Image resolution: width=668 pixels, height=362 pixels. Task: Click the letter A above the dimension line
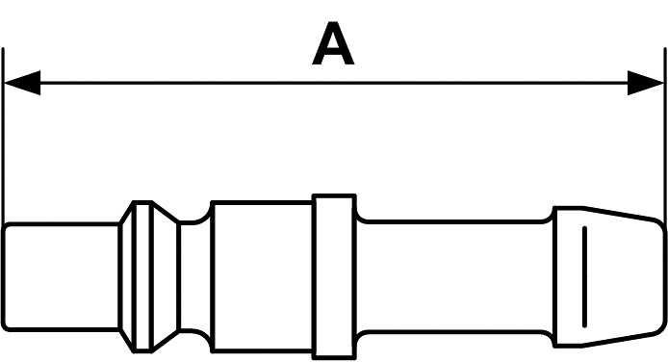pyautogui.click(x=333, y=43)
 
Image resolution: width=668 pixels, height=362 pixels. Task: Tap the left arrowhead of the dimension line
pyautogui.click(x=22, y=83)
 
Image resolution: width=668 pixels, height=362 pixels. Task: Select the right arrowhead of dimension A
pyautogui.click(x=646, y=83)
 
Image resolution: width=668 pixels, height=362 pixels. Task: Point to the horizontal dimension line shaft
pyautogui.click(x=334, y=83)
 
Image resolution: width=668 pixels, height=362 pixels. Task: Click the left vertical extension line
pyautogui.click(x=3, y=137)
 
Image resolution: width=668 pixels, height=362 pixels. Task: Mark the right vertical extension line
pyautogui.click(x=665, y=137)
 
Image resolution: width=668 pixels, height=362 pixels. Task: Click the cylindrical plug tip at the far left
pyautogui.click(x=61, y=276)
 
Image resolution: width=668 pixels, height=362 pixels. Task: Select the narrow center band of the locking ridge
pyautogui.click(x=142, y=277)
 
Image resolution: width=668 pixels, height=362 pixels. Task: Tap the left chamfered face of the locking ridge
pyautogui.click(x=127, y=277)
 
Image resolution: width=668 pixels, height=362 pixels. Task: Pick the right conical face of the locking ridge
pyautogui.click(x=166, y=277)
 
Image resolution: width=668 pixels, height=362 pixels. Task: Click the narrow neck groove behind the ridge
pyautogui.click(x=195, y=276)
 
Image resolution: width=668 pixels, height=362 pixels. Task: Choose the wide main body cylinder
pyautogui.click(x=262, y=277)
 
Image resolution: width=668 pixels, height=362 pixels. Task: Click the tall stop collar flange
pyautogui.click(x=334, y=277)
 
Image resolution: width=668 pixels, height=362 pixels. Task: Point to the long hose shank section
pyautogui.click(x=455, y=276)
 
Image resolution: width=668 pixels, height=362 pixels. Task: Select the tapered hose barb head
pyautogui.click(x=609, y=277)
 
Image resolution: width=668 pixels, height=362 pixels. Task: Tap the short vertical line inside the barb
pyautogui.click(x=584, y=277)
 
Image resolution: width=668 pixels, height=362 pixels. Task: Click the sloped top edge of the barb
pyautogui.click(x=619, y=214)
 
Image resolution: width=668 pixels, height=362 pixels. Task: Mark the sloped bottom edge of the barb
pyautogui.click(x=619, y=340)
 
